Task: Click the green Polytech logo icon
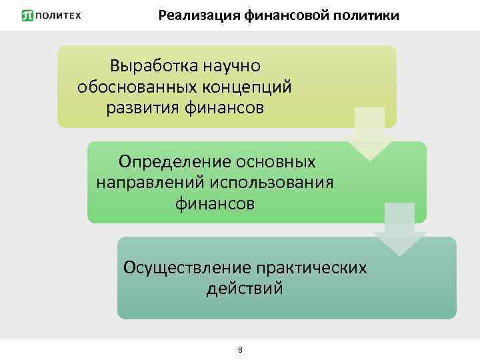[27, 15]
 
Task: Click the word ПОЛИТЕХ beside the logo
[58, 15]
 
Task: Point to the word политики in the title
[366, 15]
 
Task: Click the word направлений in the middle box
[151, 182]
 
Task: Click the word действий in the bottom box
[245, 289]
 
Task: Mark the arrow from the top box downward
[369, 133]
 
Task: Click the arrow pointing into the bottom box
[399, 230]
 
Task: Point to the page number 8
[240, 349]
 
